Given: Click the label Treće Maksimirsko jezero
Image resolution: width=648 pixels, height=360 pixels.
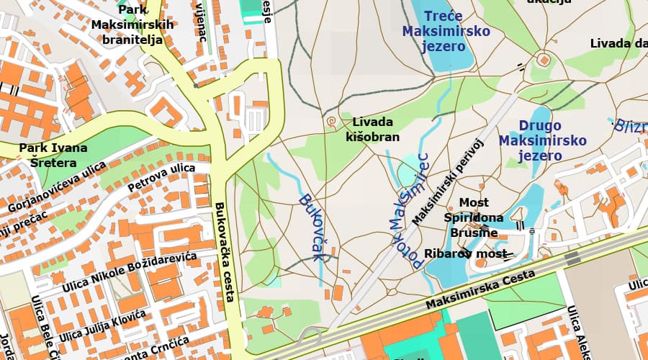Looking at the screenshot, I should (x=446, y=31).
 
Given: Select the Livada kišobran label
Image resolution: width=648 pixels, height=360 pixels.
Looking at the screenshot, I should (x=372, y=129).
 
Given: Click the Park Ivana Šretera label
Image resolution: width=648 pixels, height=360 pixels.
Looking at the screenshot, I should (x=53, y=155).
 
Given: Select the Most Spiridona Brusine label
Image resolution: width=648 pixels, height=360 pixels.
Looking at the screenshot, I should (x=473, y=217).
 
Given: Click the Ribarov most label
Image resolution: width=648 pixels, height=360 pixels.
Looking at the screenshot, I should (x=458, y=253).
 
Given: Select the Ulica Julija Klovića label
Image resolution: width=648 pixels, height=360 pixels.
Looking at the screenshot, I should (x=103, y=325).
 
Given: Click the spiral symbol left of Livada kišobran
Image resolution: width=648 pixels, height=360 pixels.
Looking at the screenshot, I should (x=331, y=122).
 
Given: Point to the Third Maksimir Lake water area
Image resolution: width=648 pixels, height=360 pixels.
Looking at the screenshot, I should (x=441, y=58).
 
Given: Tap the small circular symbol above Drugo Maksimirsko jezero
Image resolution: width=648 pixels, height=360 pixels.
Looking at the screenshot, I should (x=543, y=58).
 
